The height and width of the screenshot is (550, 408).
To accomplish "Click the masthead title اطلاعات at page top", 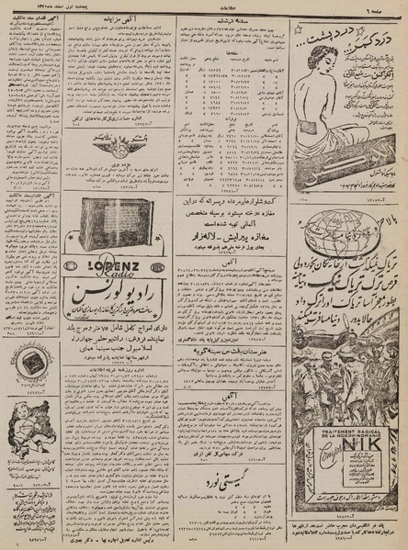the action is [x=203, y=6].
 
